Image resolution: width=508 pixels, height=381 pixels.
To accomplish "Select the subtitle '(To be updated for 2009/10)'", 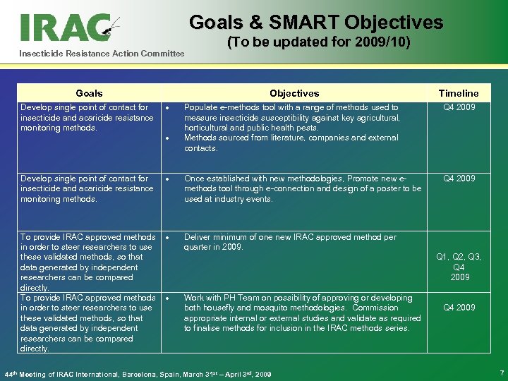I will click(318, 43).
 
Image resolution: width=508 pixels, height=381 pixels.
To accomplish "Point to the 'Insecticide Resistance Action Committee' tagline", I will click(101, 54).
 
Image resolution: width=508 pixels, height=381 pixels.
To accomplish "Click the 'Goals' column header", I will click(89, 93).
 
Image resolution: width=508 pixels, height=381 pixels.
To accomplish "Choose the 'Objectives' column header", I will click(294, 93).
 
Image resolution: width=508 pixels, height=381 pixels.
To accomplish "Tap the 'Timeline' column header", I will click(458, 93).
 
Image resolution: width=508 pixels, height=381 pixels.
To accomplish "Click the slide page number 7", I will click(501, 372).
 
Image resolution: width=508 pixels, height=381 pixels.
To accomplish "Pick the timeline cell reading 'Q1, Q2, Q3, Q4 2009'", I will click(458, 267).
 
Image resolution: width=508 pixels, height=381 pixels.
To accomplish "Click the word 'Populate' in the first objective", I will click(200, 107).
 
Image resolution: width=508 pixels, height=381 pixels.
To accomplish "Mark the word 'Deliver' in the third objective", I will click(198, 237).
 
